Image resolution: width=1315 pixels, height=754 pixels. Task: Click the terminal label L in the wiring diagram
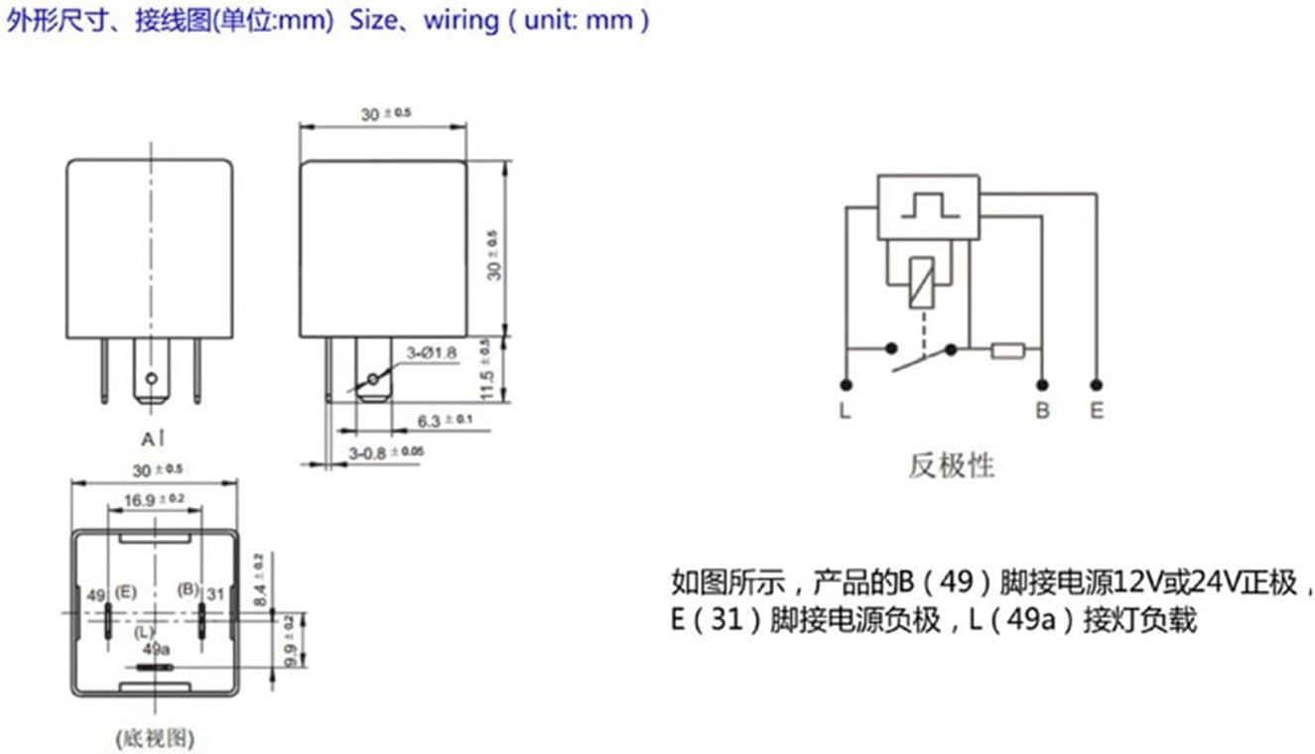coord(845,411)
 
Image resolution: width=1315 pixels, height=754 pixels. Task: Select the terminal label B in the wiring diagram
coord(1042,411)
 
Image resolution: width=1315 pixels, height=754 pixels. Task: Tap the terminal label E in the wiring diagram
coord(1096,411)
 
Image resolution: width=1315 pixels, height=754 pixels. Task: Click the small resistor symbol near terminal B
coord(1007,349)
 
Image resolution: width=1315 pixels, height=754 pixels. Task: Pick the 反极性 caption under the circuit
coord(951,464)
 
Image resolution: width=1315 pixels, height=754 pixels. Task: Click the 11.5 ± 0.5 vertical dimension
coord(485,369)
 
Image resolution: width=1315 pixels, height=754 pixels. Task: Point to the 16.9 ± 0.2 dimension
coord(154,500)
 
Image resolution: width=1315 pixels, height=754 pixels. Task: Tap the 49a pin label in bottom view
coord(156,649)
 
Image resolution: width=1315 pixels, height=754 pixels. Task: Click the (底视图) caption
coord(154,737)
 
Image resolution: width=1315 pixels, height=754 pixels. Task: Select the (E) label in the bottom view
coord(125,591)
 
